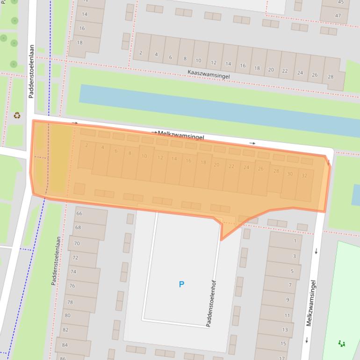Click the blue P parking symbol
(181, 284)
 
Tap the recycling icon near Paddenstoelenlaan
(17, 115)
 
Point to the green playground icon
(342, 344)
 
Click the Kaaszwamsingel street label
(209, 74)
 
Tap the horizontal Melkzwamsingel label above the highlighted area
(181, 135)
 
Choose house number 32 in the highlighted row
(305, 176)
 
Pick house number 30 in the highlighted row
(290, 174)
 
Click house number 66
(79, 214)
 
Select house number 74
(73, 272)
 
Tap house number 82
(65, 330)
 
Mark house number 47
(338, 15)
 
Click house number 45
(340, 2)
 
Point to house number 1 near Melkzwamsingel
(295, 241)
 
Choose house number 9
(288, 300)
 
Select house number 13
(285, 330)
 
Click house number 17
(282, 358)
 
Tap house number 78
(70, 302)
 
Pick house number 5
(292, 271)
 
